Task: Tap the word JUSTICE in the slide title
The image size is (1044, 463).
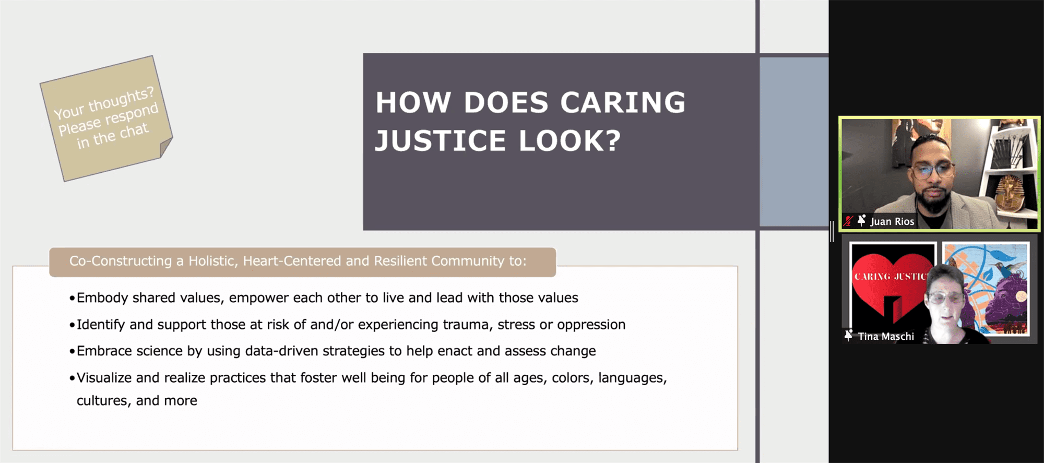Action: click(441, 141)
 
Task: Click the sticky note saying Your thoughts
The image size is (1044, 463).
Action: click(106, 118)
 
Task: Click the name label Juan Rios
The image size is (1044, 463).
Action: click(892, 221)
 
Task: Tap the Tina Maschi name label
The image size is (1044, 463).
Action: click(886, 337)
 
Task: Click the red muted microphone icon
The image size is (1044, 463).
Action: click(848, 221)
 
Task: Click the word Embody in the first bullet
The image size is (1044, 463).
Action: click(102, 298)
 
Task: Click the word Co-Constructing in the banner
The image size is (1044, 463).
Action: click(121, 261)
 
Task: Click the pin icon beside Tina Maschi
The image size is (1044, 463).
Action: click(848, 336)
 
